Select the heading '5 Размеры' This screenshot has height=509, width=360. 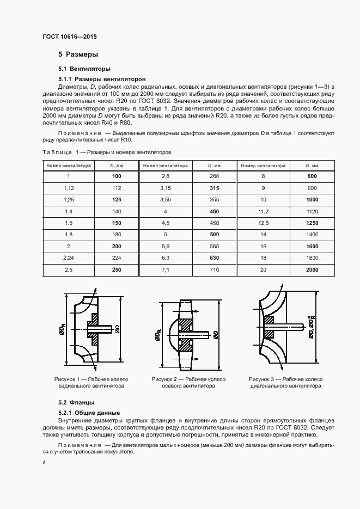pyautogui.click(x=78, y=54)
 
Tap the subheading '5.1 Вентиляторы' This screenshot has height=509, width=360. pyautogui.click(x=84, y=69)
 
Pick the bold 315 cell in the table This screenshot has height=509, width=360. pyautogui.click(x=214, y=188)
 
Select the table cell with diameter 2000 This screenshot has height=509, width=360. pyautogui.click(x=312, y=270)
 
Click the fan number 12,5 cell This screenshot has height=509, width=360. pyautogui.click(x=263, y=223)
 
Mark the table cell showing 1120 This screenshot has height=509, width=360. pyautogui.click(x=312, y=211)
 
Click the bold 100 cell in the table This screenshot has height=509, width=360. pyautogui.click(x=117, y=176)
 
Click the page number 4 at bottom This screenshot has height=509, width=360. pyautogui.click(x=44, y=462)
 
